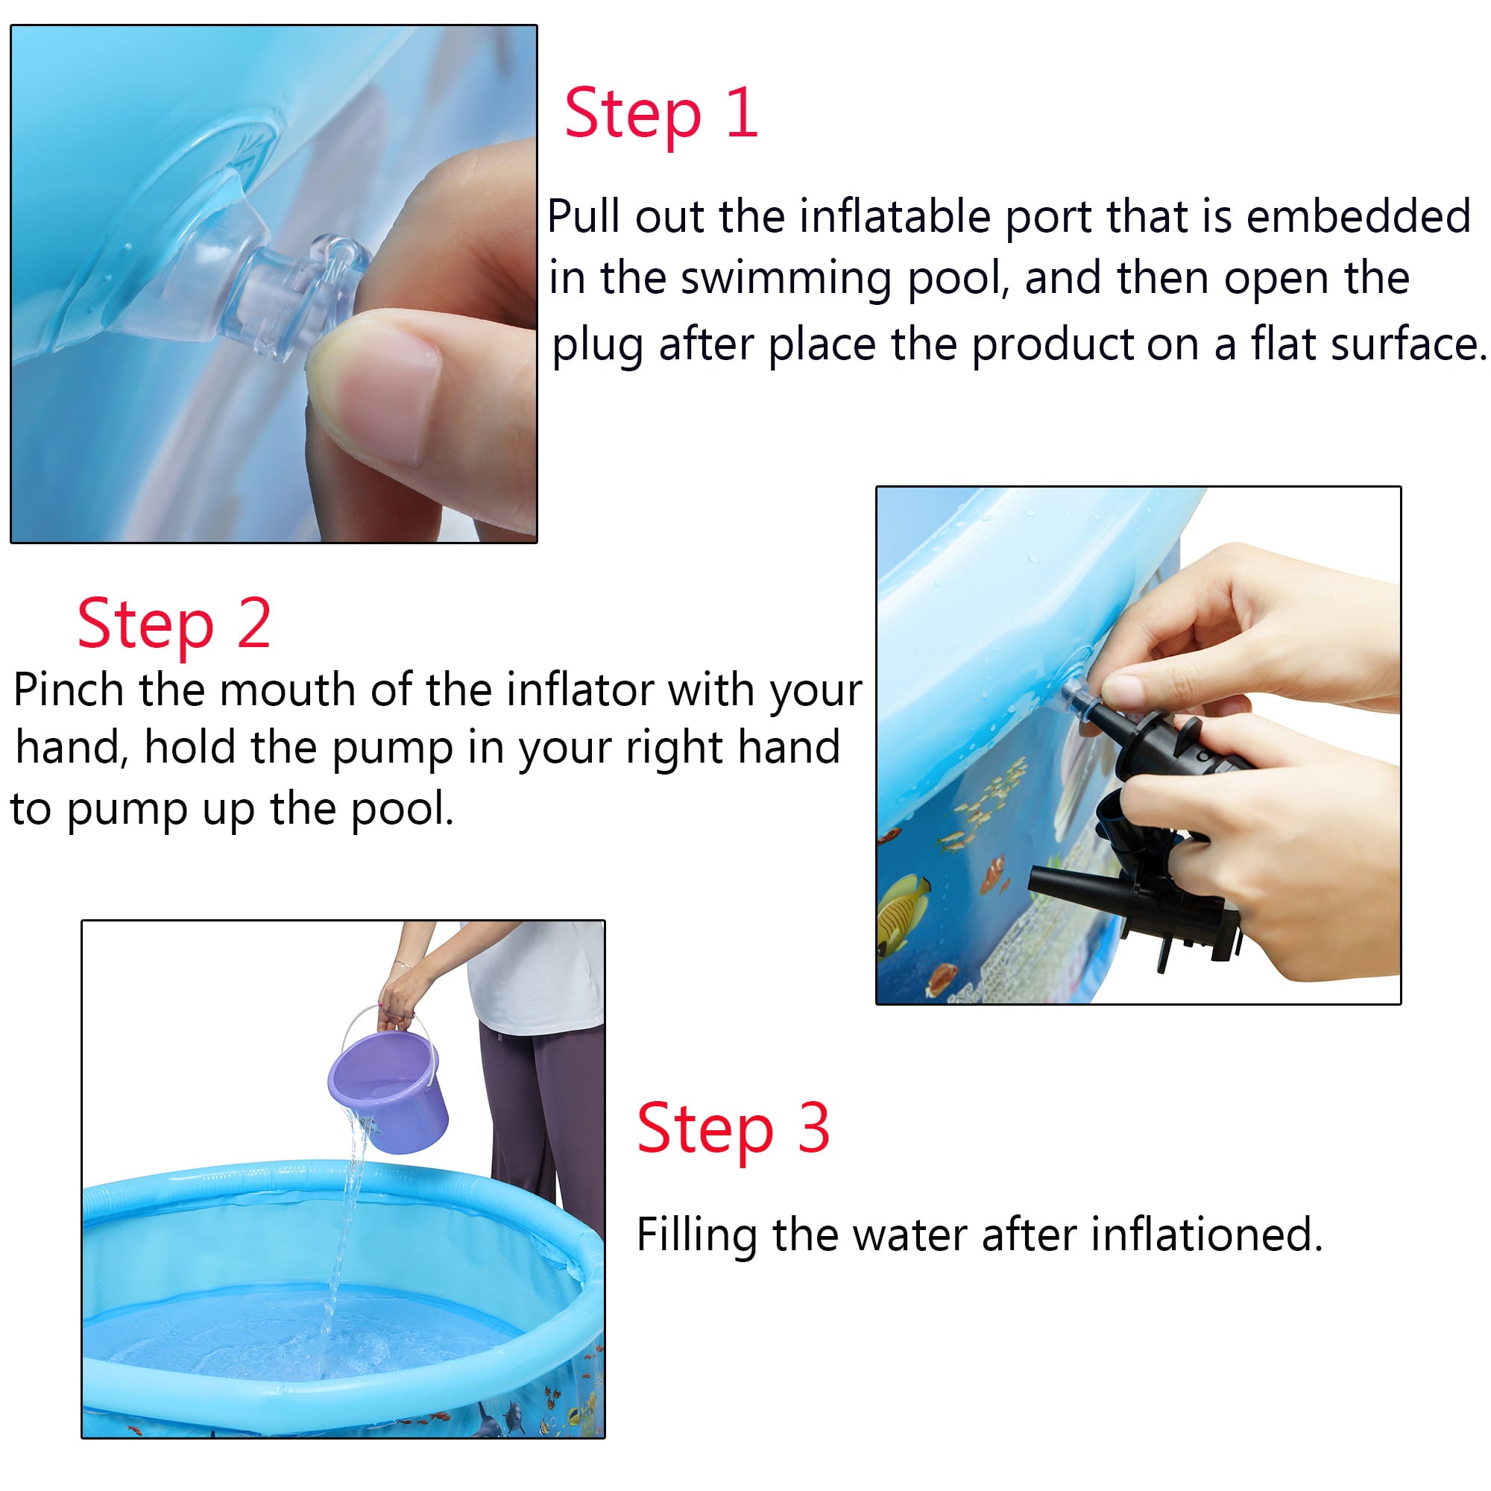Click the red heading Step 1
[x=661, y=114]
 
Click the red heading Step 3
[x=732, y=1128]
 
